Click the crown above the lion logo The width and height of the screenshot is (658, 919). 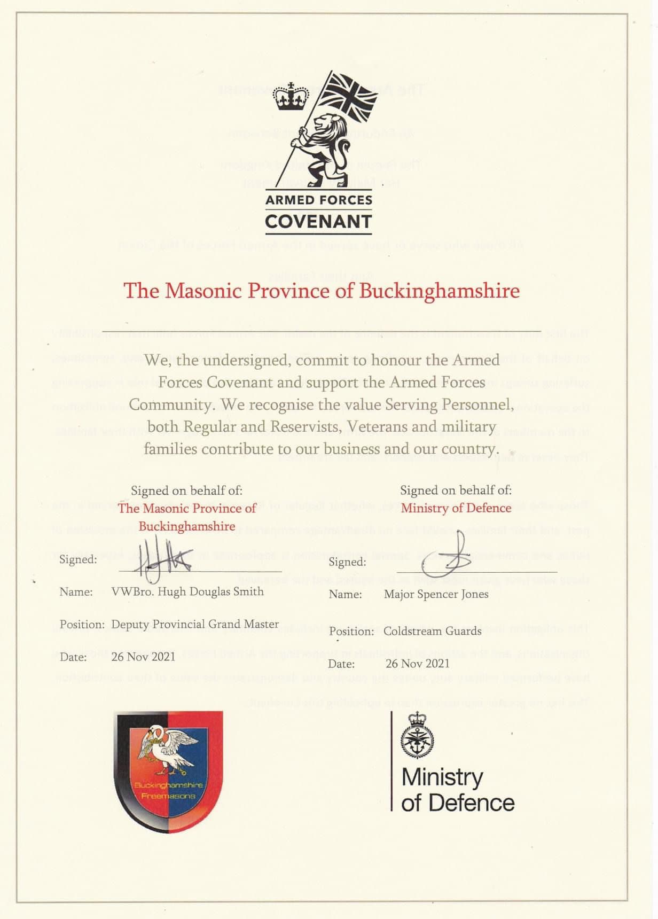[291, 97]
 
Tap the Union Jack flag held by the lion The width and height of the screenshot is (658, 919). [353, 96]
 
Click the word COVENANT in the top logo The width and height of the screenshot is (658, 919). [318, 221]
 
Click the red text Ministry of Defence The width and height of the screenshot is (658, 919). [456, 508]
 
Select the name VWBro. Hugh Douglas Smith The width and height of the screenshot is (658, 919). [187, 591]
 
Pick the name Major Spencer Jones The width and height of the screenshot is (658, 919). [436, 594]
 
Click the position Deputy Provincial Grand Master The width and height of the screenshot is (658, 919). [195, 624]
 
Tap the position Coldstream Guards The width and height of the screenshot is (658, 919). [432, 631]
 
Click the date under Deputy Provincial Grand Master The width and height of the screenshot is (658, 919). [143, 657]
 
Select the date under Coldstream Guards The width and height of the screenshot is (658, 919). [417, 664]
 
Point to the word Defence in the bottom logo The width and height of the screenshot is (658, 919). [472, 803]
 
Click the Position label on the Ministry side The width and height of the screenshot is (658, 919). [351, 632]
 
